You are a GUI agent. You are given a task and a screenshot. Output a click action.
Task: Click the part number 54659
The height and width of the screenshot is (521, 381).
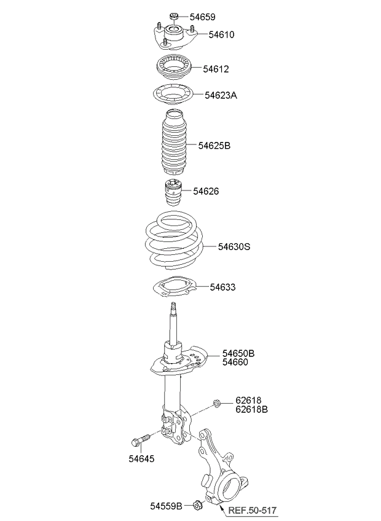(202, 17)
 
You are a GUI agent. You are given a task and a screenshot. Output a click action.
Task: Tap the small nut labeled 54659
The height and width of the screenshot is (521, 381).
(174, 15)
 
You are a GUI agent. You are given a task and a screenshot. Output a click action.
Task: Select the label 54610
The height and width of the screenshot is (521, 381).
(221, 34)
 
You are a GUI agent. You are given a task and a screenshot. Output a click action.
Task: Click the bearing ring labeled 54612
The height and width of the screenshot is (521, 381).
(173, 68)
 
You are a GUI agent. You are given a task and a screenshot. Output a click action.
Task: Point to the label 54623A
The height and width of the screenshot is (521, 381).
(221, 95)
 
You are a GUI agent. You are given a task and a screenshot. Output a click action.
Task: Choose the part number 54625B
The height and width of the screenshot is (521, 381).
(214, 146)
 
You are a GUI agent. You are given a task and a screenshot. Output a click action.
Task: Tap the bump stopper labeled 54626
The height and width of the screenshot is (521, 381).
(173, 192)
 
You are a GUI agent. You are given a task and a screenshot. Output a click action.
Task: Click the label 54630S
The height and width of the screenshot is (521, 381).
(234, 247)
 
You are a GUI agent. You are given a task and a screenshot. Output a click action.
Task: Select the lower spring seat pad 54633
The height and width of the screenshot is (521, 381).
(173, 286)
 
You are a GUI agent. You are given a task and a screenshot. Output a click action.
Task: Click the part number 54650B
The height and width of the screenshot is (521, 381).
(238, 353)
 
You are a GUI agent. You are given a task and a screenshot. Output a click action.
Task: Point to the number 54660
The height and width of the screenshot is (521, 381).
(235, 362)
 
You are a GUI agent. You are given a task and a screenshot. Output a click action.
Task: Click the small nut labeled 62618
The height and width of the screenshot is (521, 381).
(216, 404)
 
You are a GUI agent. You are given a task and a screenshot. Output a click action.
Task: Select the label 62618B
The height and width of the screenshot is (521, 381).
(252, 409)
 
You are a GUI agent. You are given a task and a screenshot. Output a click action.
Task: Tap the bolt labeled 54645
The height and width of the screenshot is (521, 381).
(141, 440)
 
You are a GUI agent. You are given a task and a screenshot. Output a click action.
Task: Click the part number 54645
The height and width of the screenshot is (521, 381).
(141, 459)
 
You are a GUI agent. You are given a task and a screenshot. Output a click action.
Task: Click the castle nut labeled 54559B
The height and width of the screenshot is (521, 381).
(198, 506)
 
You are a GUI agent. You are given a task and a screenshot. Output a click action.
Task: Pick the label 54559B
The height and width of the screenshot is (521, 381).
(167, 506)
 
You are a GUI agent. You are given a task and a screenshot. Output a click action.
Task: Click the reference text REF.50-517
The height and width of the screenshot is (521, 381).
(253, 510)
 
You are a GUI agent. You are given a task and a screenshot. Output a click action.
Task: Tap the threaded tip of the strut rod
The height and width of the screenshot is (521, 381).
(173, 307)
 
